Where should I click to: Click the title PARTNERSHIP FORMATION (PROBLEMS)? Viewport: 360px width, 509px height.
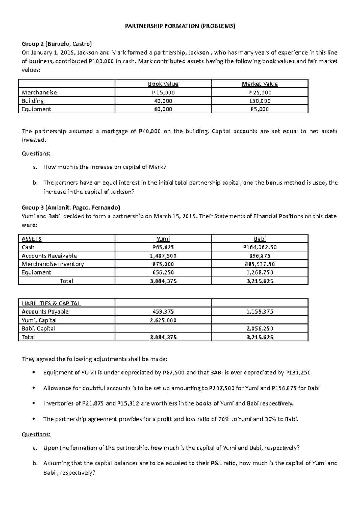coord(180,26)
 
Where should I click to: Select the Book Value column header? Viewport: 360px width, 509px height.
coord(163,84)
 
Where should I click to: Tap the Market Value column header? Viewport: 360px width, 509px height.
coord(260,84)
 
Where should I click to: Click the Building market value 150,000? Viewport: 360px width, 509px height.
coord(260,101)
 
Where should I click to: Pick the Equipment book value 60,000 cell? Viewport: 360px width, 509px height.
coord(163,109)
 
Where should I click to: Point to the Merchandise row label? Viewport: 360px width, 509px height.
coord(39,92)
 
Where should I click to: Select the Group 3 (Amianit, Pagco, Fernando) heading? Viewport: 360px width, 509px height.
coord(71,207)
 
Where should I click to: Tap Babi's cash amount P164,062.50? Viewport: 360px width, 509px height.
coord(260,247)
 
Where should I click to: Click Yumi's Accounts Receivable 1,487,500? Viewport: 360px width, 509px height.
coord(163,256)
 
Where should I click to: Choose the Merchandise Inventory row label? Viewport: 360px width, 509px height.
coord(53,264)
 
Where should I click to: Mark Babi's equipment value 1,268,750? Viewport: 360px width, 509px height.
coord(260,272)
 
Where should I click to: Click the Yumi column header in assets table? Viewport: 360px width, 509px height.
coord(163,239)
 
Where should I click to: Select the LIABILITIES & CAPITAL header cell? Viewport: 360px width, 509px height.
coord(51,303)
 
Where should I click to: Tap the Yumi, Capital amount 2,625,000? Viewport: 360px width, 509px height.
coord(163,320)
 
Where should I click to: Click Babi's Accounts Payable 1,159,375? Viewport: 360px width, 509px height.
coord(260,312)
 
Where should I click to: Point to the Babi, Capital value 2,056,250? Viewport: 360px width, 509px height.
coord(260,329)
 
